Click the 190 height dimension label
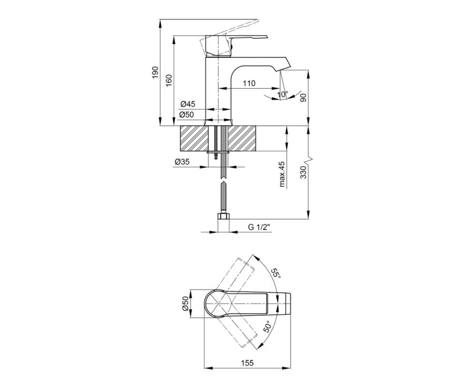(x=155, y=73)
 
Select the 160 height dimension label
(x=169, y=81)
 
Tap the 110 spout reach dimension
(x=249, y=83)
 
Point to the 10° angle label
(x=282, y=95)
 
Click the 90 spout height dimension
(x=303, y=97)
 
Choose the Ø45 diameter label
(x=188, y=104)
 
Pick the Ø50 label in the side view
(x=187, y=115)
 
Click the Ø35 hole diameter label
(x=182, y=162)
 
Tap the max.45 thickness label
(x=282, y=174)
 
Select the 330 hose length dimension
(x=303, y=172)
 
